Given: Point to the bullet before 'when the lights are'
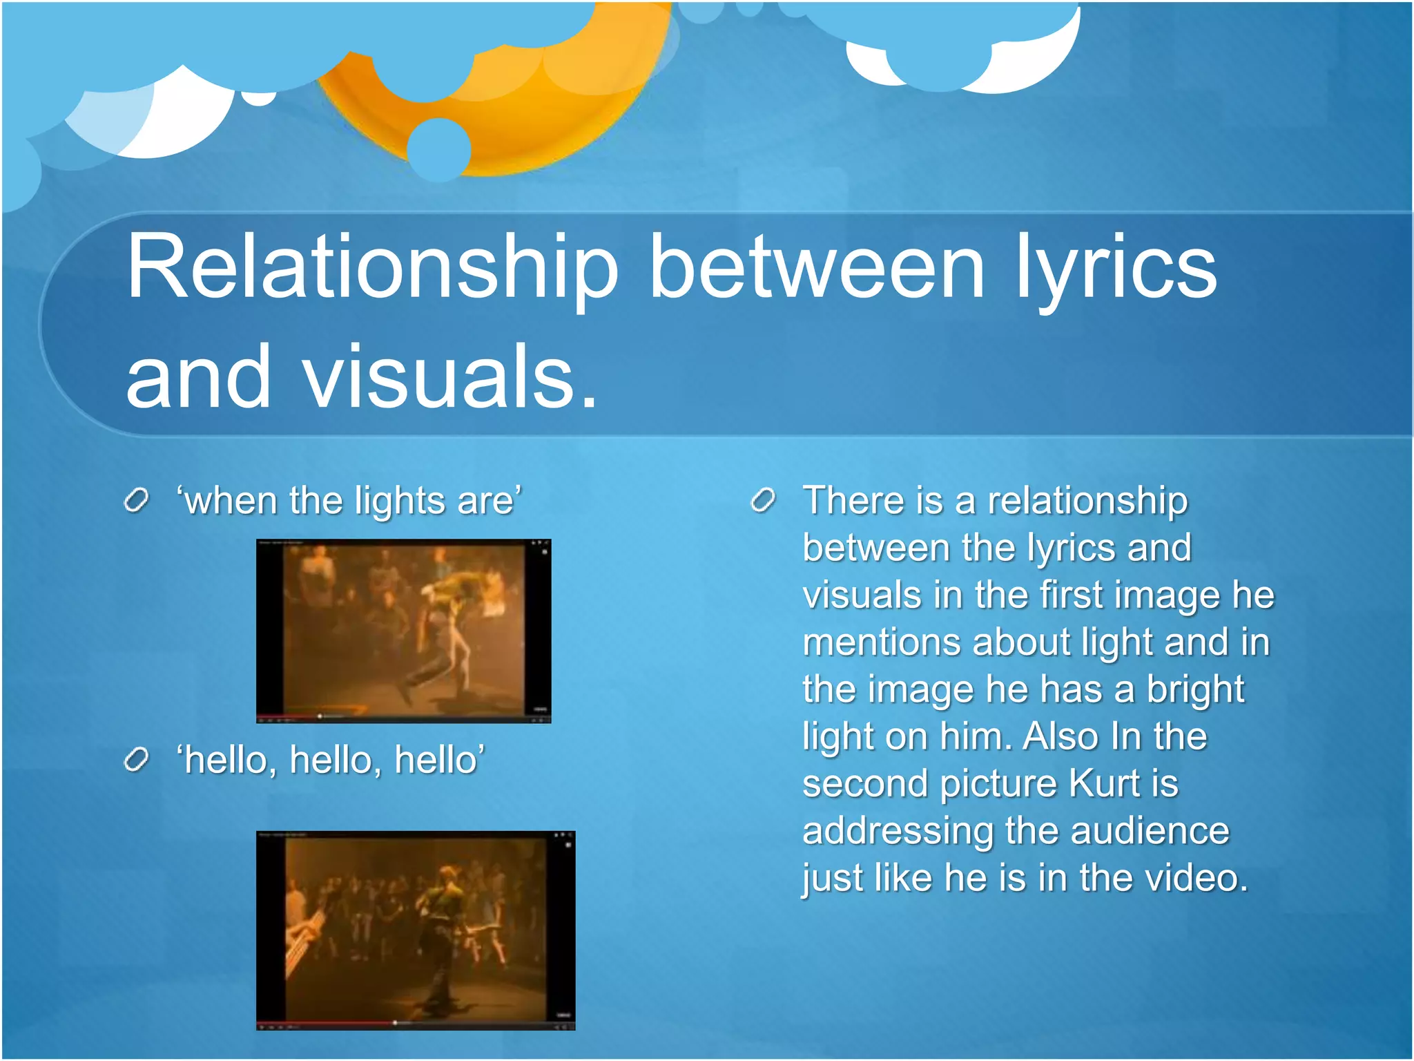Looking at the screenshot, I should click(x=137, y=500).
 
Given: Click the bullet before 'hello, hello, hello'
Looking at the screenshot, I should click(x=137, y=760).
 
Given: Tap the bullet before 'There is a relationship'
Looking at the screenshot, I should click(x=763, y=500).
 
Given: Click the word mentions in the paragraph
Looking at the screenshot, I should click(x=881, y=642).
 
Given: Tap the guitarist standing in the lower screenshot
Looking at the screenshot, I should click(x=442, y=933).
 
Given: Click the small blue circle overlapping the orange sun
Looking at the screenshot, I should click(x=438, y=149).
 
